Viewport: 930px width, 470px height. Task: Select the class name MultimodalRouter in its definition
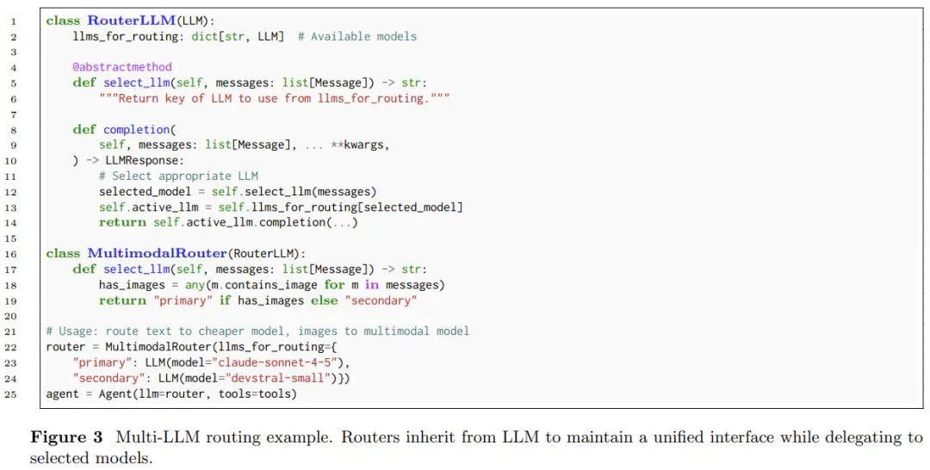pos(158,253)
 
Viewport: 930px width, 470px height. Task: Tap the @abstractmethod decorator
pos(122,67)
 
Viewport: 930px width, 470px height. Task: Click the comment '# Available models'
pos(357,36)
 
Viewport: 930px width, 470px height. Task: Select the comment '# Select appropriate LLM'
pos(178,176)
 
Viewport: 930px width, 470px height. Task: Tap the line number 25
pos(10,393)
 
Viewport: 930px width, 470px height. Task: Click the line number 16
pos(10,254)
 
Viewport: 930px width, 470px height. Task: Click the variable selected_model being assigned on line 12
pos(146,191)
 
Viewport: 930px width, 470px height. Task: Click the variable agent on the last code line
pos(62,393)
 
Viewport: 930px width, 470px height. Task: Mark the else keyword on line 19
pos(324,300)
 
